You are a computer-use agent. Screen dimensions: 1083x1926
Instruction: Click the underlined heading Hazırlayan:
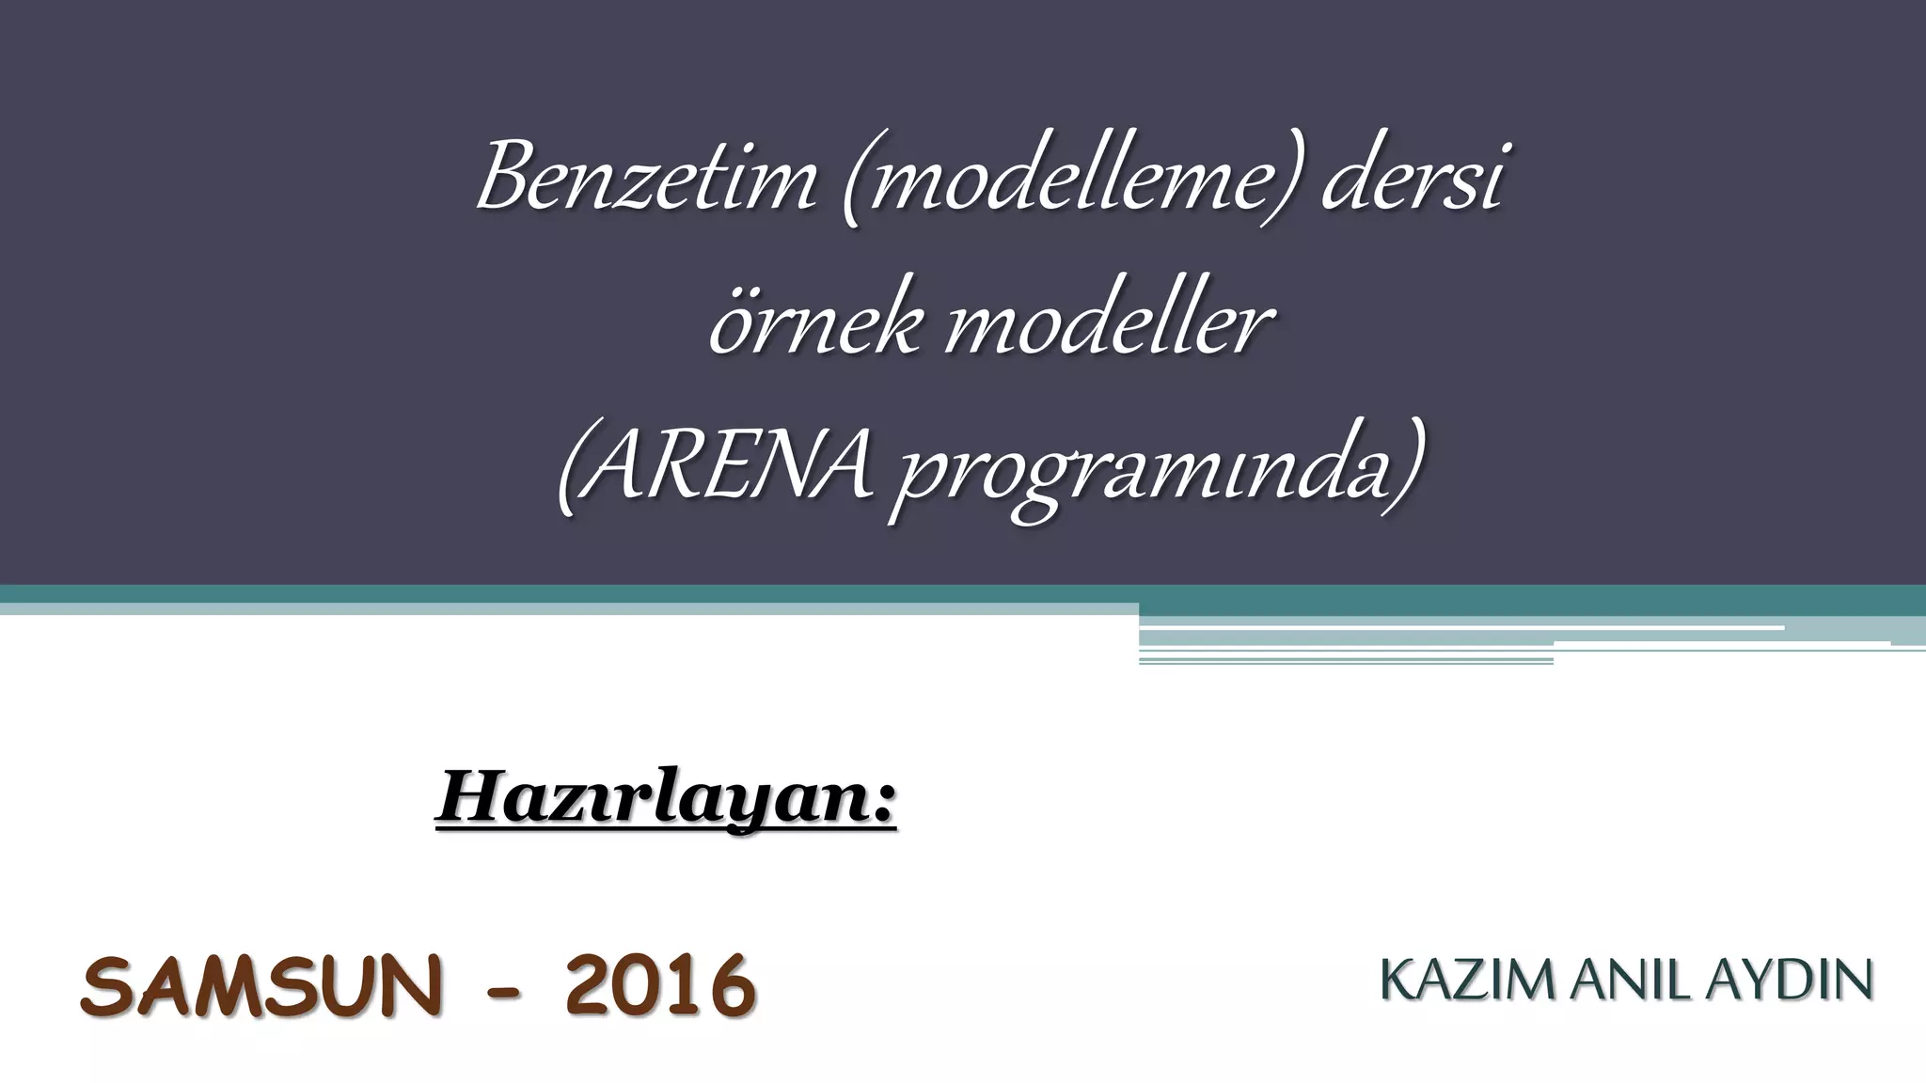[x=666, y=798]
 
